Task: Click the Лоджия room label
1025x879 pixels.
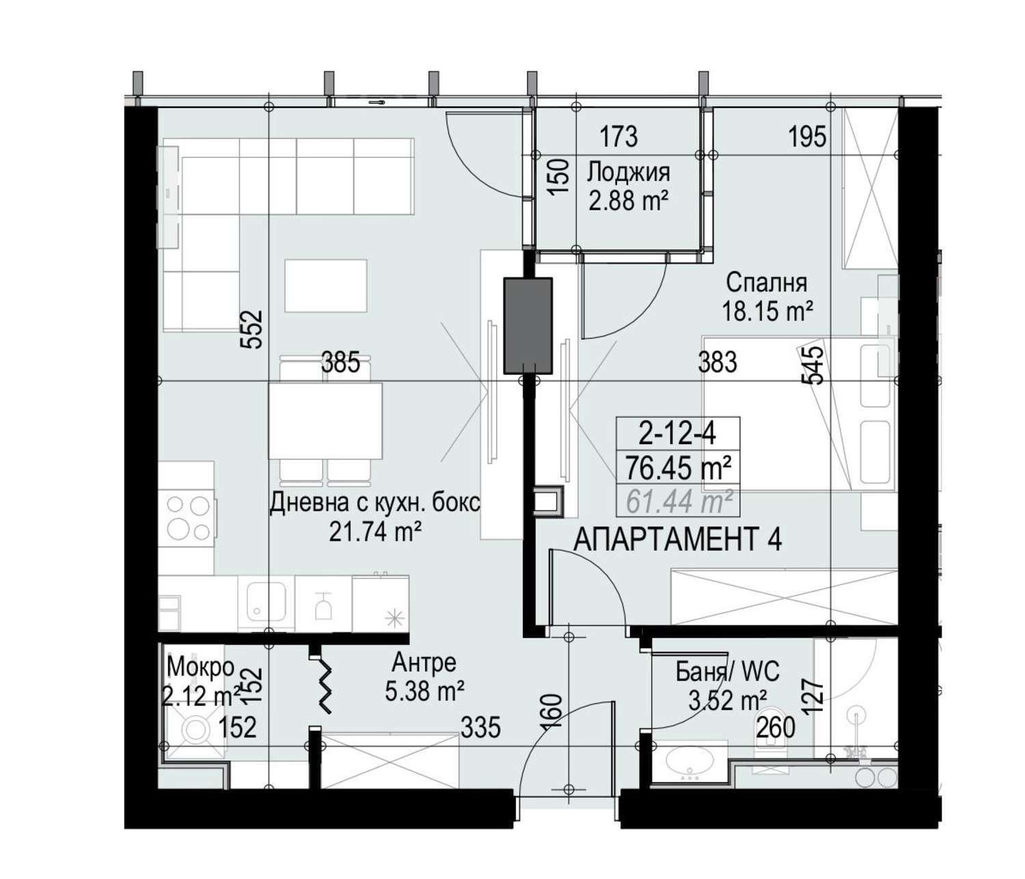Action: pos(628,173)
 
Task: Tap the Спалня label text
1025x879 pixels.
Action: pos(767,283)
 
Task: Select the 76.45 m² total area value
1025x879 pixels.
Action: pos(678,468)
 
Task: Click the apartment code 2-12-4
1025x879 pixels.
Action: pos(677,434)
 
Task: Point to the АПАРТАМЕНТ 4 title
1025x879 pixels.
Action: pos(677,539)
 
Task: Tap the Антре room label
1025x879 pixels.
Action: pos(424,663)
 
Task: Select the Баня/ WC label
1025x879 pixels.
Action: pos(728,672)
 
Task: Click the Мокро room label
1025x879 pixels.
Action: pos(200,666)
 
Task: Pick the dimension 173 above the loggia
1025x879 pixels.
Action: pos(618,137)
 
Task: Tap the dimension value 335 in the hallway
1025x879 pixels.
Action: pos(481,728)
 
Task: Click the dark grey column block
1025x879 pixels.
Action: pos(528,325)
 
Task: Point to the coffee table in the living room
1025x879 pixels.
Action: pos(326,286)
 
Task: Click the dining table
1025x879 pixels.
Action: pos(325,420)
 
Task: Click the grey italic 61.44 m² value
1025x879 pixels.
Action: pos(679,501)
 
